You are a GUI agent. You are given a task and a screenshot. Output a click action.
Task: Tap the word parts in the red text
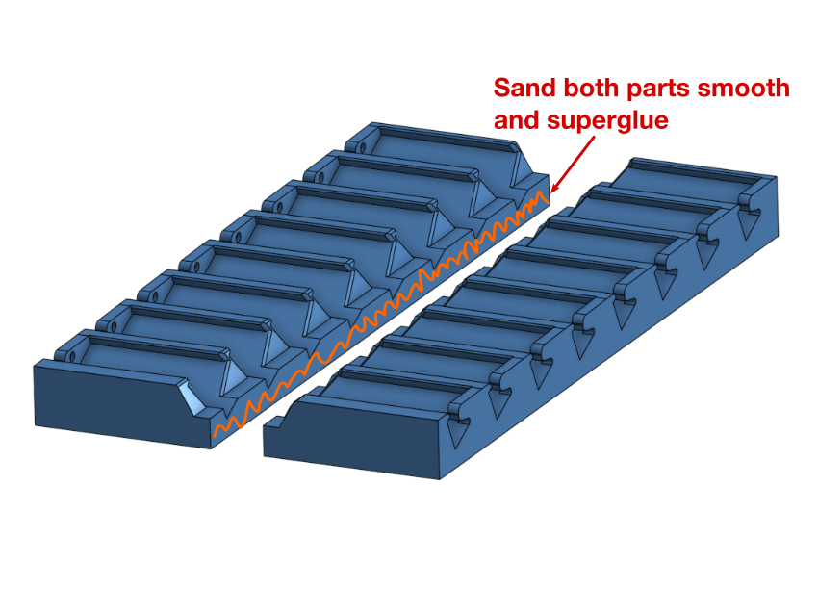tap(658, 90)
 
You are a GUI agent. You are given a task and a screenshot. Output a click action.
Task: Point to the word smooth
tap(744, 88)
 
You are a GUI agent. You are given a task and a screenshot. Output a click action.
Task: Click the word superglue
tap(607, 121)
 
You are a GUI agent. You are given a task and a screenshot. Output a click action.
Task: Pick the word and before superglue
tap(517, 120)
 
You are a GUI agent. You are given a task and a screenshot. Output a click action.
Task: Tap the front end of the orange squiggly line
tap(216, 435)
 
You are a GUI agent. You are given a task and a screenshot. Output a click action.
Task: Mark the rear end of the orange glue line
tap(548, 202)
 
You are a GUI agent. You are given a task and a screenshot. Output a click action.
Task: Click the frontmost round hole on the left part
tap(72, 356)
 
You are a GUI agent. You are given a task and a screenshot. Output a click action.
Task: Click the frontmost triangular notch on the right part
tap(458, 432)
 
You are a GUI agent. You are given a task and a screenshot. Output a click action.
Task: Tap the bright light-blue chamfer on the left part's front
tap(193, 397)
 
